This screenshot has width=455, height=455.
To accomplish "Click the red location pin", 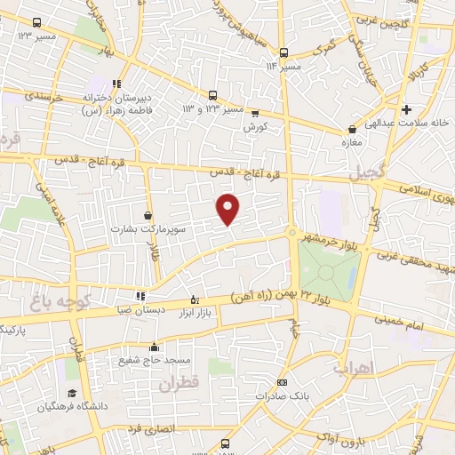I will [x=229, y=209].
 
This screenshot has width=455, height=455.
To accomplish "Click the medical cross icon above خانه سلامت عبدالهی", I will [x=406, y=110].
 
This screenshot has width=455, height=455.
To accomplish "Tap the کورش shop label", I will [x=256, y=127].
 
